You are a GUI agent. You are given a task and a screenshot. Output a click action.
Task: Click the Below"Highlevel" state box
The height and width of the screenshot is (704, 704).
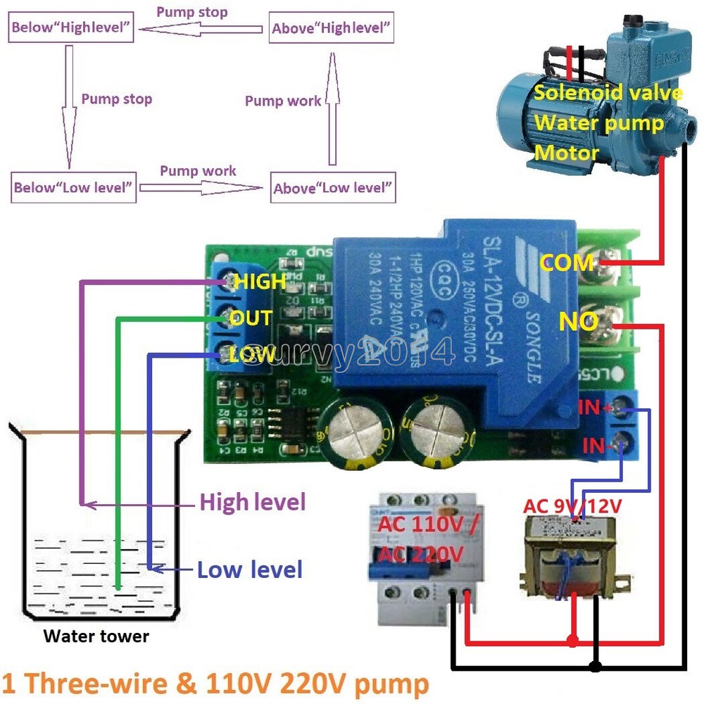click(71, 29)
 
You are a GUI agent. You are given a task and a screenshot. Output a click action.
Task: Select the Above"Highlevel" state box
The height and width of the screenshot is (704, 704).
click(331, 29)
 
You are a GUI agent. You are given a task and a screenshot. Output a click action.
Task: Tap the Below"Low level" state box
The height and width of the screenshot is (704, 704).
click(74, 188)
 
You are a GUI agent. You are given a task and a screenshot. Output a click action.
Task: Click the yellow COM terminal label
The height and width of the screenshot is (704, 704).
click(567, 263)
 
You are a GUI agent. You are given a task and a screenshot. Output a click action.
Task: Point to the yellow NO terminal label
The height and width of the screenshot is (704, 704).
click(579, 322)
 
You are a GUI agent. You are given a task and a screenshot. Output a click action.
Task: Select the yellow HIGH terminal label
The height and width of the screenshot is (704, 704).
click(260, 282)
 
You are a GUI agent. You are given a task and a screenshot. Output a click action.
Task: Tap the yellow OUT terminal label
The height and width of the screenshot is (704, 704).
click(251, 318)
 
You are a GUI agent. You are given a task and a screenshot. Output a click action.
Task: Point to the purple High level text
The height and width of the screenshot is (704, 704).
click(253, 502)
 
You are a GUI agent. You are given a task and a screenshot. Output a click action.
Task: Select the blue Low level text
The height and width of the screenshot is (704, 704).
click(250, 569)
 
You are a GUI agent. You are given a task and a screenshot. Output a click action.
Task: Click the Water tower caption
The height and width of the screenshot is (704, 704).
click(96, 636)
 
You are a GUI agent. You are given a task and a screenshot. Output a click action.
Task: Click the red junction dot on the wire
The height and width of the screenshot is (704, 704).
click(572, 641)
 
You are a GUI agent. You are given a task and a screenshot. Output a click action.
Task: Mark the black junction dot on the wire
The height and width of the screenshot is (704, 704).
click(596, 666)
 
